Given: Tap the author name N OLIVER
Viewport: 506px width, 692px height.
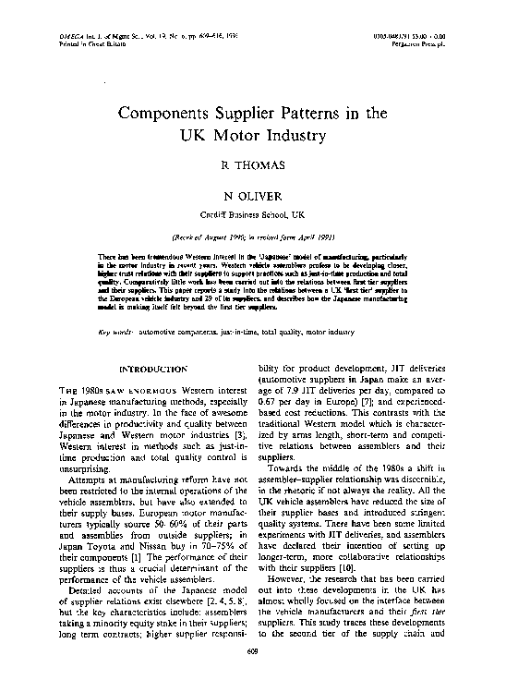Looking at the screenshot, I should tap(253, 196).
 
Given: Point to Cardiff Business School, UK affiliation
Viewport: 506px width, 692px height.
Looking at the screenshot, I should tap(253, 212).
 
